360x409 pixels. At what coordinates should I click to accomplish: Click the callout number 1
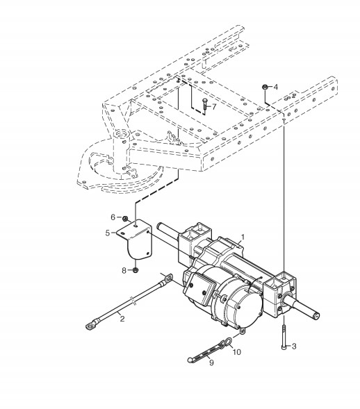pyautogui.click(x=243, y=237)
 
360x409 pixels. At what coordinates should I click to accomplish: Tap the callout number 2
pyautogui.click(x=122, y=319)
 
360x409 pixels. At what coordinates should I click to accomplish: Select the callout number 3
pyautogui.click(x=294, y=347)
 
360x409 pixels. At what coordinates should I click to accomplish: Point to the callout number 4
pyautogui.click(x=276, y=87)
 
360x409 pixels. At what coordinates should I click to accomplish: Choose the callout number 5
pyautogui.click(x=108, y=233)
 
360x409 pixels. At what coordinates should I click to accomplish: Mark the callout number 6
pyautogui.click(x=113, y=217)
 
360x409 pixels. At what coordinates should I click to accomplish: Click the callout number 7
pyautogui.click(x=214, y=106)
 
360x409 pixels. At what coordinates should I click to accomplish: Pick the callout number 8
pyautogui.click(x=124, y=270)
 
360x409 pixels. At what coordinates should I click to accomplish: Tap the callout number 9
pyautogui.click(x=211, y=362)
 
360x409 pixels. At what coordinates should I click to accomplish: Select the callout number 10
pyautogui.click(x=237, y=352)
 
